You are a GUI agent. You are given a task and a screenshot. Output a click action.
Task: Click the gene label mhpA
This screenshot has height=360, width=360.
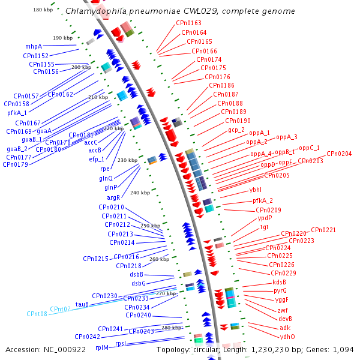coord(34,46)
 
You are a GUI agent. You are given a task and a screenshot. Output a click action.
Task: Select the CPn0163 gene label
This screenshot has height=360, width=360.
coord(188,23)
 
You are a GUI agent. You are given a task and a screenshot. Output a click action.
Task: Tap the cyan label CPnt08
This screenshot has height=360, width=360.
coord(37,314)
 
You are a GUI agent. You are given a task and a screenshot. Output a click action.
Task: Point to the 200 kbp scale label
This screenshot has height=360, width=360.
coord(81,67)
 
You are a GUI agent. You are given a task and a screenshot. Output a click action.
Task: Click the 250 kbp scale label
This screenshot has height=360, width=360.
coord(151,226)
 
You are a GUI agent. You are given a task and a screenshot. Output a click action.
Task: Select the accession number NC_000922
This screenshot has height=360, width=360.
coord(71,349)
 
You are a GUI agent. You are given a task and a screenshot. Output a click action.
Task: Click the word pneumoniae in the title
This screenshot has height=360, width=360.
coord(139,11)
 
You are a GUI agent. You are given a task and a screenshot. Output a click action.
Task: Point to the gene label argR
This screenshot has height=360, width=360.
coord(113,197)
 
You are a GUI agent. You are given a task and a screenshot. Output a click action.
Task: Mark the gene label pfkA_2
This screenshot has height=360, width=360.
coord(262,200)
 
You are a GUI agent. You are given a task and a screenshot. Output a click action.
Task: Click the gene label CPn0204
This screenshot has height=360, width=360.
coord(339,154)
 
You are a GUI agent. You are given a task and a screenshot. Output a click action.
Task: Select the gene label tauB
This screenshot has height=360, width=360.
coord(82,304)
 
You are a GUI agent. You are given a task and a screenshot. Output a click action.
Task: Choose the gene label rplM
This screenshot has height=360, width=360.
coord(102,347)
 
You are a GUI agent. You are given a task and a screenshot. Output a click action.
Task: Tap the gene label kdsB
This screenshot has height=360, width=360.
coord(279,282)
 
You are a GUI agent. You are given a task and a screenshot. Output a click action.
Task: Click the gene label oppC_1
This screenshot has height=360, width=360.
coord(309,148)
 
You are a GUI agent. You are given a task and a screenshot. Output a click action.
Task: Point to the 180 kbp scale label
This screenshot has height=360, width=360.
coord(43,10)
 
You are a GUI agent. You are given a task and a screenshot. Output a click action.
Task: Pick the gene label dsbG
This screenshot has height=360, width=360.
coord(139,283)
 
